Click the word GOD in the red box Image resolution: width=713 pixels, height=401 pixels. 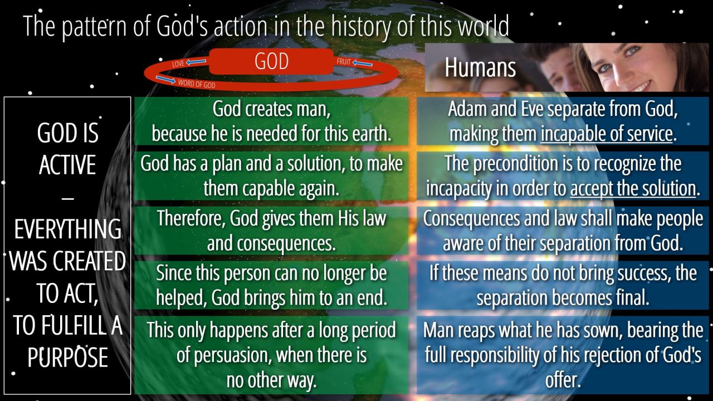point(271,61)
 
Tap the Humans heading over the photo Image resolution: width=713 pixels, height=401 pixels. point(480,67)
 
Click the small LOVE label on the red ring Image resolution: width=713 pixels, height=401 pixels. point(178,63)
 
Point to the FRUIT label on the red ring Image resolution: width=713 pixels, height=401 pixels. point(344,61)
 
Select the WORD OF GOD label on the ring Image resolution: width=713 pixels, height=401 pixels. point(197,84)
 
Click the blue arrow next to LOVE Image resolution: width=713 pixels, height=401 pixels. point(196,62)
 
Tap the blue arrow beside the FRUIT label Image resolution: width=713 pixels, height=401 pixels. point(363,63)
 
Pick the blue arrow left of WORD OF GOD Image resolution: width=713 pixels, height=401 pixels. point(165,80)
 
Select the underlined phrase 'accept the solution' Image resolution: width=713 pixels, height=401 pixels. point(633,188)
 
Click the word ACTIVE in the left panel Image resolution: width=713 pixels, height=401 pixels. point(67,164)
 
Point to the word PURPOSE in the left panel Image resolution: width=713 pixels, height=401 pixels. point(67,358)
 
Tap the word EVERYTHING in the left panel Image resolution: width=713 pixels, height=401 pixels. point(67,229)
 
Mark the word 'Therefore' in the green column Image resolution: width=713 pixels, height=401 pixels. point(191,218)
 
